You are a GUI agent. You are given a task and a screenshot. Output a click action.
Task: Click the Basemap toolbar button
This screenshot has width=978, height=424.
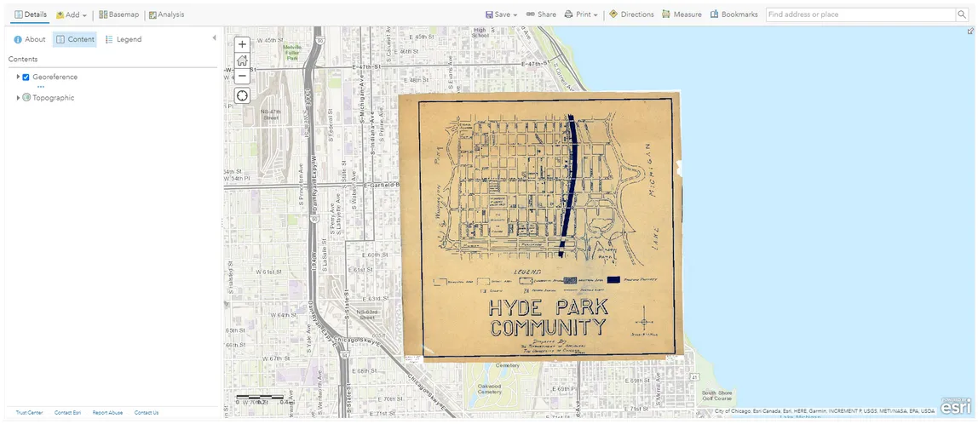click(x=118, y=14)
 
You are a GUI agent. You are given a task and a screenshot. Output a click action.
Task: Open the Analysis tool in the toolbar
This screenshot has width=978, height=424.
click(x=166, y=14)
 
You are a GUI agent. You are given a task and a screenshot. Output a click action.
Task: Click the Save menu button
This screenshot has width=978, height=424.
click(x=501, y=14)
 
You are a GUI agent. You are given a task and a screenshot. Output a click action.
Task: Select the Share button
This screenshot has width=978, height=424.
click(x=541, y=14)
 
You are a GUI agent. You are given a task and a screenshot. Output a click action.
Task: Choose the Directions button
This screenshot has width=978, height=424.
click(x=631, y=14)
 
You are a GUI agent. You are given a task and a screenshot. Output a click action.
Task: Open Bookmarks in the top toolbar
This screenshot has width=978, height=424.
click(x=733, y=14)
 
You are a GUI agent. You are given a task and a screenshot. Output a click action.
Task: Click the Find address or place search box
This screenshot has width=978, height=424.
click(x=859, y=14)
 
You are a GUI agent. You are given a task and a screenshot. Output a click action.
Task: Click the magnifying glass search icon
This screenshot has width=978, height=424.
click(x=961, y=14)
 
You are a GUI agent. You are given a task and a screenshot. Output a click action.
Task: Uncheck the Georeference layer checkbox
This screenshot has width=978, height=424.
click(x=26, y=77)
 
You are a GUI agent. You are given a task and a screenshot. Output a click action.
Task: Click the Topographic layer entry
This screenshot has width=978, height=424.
click(x=53, y=98)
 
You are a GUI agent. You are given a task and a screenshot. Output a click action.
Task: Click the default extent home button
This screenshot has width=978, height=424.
click(x=242, y=60)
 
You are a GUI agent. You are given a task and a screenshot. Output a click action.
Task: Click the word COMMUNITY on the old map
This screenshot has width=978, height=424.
click(x=548, y=328)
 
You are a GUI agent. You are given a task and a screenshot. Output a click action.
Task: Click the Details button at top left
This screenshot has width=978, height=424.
click(x=31, y=14)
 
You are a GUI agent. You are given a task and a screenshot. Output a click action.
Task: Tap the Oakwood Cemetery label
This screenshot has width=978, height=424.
click(x=489, y=388)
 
